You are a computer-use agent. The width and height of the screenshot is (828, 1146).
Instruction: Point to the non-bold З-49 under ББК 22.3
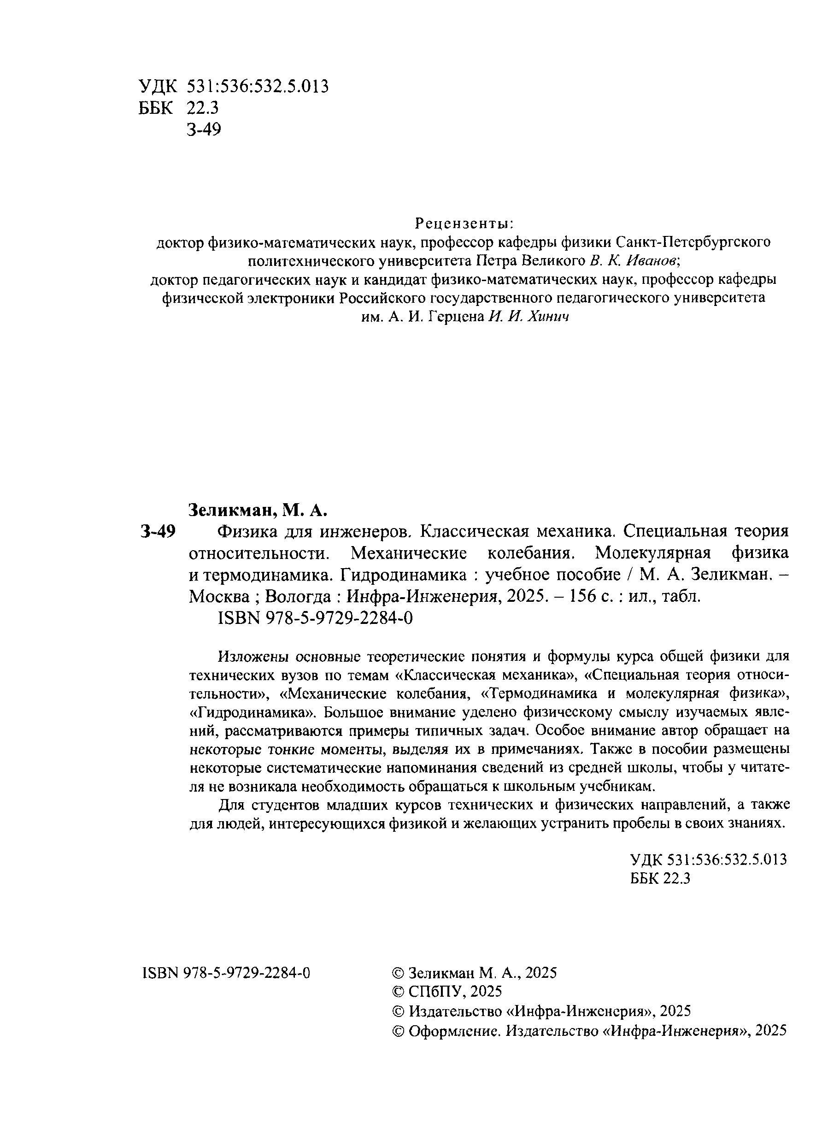pyautogui.click(x=204, y=130)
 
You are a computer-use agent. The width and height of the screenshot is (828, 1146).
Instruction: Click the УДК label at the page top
pyautogui.click(x=158, y=87)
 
